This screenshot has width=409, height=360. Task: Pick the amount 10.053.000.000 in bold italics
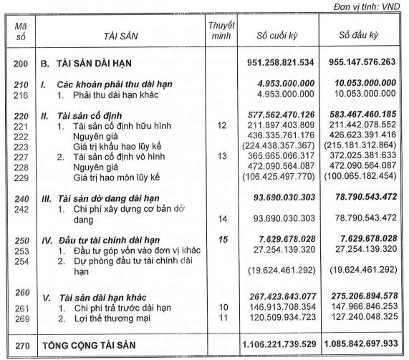(366, 83)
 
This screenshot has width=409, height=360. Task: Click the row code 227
(21, 156)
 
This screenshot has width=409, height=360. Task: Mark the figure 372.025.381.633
(366, 156)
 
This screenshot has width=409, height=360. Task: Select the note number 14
(221, 218)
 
